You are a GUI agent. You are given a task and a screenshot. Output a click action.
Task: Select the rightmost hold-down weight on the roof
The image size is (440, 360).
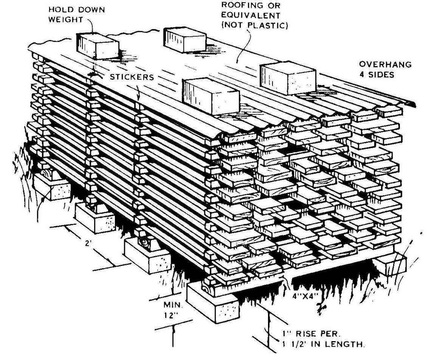[x=287, y=77]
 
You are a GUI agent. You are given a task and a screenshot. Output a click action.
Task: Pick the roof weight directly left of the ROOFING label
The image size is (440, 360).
[x=185, y=39]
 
